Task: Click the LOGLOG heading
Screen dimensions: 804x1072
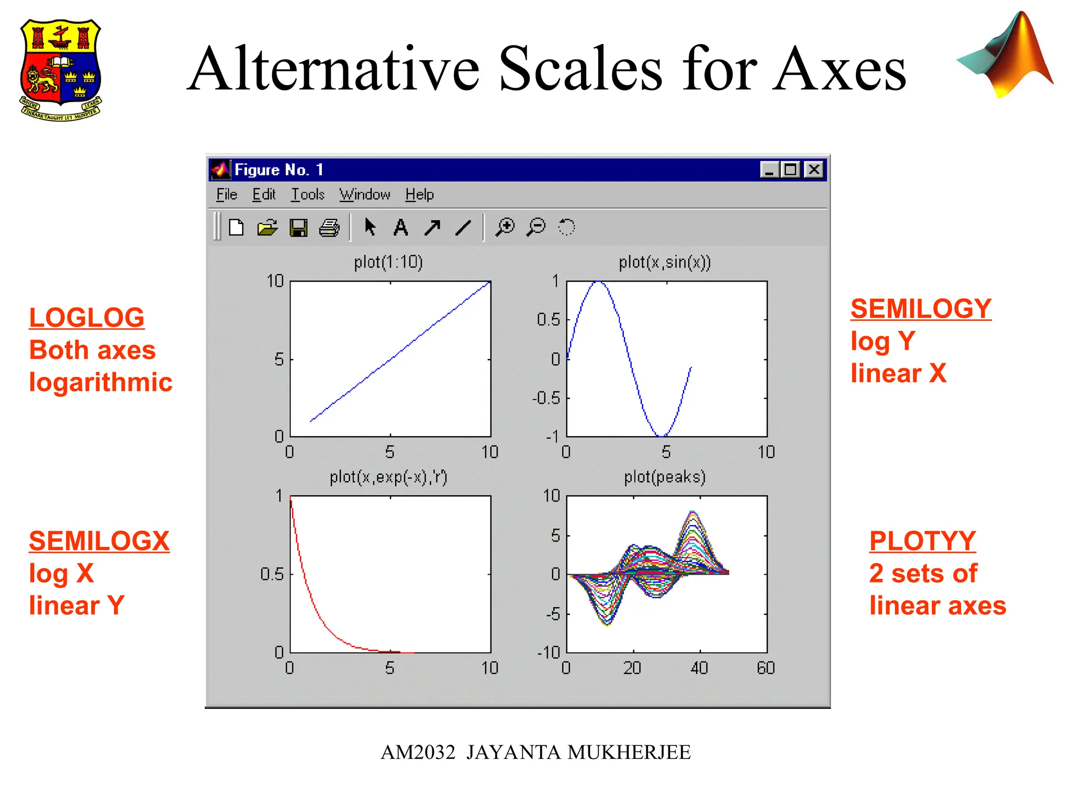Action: (86, 318)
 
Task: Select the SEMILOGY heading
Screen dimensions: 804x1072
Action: (920, 309)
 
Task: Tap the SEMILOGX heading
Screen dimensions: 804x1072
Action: (99, 541)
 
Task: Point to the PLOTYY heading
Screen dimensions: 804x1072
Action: (922, 541)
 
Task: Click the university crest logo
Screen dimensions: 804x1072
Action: (61, 70)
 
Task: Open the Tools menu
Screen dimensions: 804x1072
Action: (308, 195)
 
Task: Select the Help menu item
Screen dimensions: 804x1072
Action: (419, 195)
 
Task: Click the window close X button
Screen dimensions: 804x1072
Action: (814, 170)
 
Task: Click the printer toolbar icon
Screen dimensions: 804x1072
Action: (329, 228)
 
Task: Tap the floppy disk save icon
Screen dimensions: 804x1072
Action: (298, 228)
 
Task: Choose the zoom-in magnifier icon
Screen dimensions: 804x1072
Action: (505, 227)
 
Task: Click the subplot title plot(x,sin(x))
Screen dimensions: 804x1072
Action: (664, 262)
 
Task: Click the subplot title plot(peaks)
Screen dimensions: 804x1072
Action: (664, 477)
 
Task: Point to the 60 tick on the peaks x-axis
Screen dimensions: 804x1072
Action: (766, 668)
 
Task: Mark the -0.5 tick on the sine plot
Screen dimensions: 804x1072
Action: (546, 398)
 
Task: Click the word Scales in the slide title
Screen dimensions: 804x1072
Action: (581, 69)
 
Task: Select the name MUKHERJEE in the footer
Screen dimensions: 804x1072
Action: (629, 753)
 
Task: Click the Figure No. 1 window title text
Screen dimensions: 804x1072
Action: (278, 170)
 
